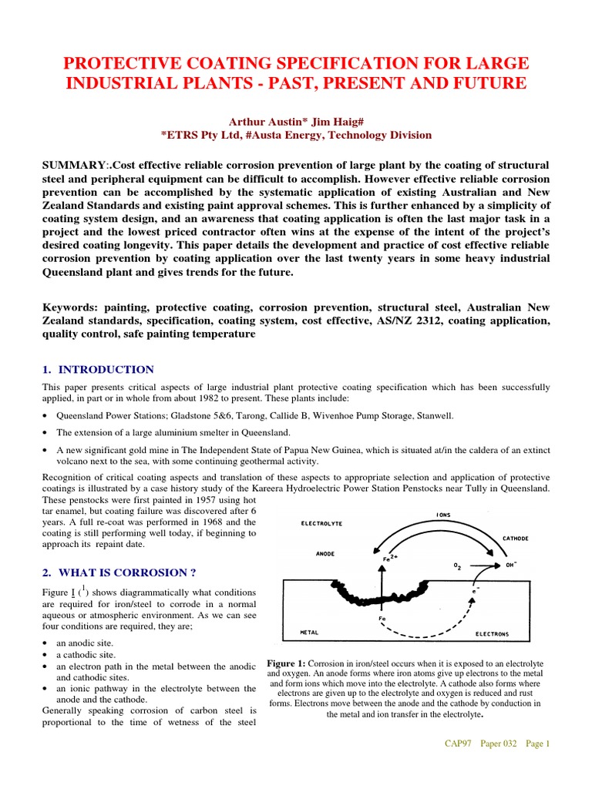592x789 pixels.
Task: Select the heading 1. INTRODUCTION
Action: [98, 370]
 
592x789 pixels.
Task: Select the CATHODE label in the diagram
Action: [516, 539]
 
